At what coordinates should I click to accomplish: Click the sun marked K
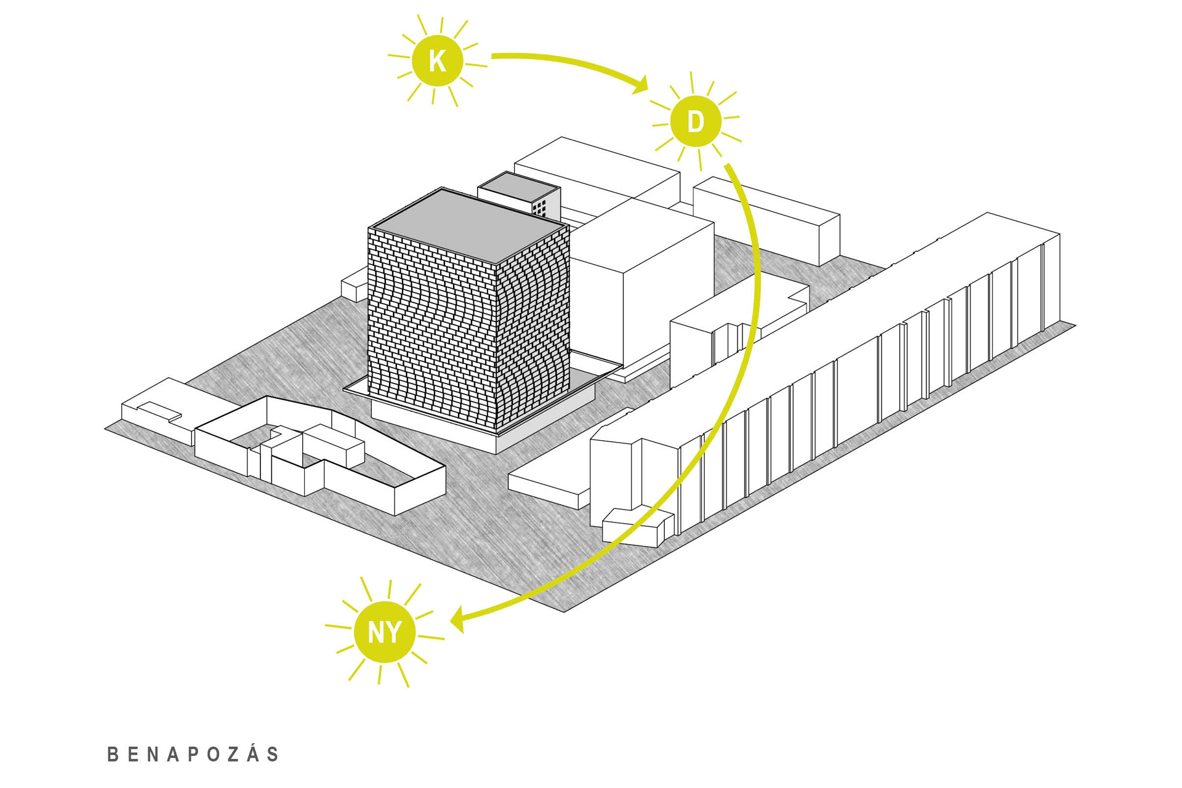point(437,61)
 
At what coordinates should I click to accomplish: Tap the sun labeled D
point(696,121)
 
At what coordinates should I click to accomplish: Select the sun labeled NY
point(385,632)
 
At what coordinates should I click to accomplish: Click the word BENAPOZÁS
point(193,754)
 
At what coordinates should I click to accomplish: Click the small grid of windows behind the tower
point(539,207)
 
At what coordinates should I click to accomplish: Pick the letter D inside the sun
point(696,121)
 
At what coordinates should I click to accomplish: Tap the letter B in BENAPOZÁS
point(113,755)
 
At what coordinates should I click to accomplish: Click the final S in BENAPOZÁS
point(273,755)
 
